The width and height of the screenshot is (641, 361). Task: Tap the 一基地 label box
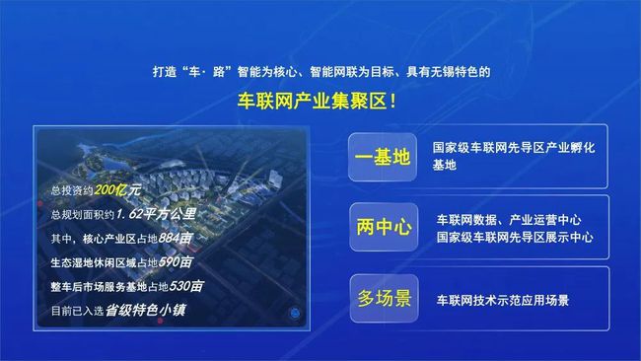tap(382, 155)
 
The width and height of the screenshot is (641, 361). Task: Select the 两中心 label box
tap(382, 226)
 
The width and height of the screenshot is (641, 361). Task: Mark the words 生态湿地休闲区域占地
tap(99, 263)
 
